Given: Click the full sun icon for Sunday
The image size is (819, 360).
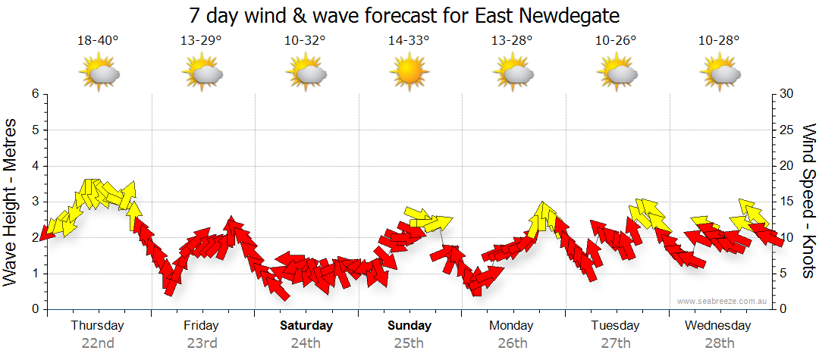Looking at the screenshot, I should [x=409, y=73].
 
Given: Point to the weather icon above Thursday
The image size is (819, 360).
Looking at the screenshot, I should [x=99, y=74].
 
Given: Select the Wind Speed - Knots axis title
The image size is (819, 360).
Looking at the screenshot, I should [x=807, y=201].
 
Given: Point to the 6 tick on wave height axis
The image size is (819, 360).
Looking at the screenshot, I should [x=35, y=94].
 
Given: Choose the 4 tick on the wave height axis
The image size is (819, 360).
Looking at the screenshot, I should [x=35, y=166].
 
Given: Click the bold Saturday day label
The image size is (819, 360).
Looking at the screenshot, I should [x=306, y=326].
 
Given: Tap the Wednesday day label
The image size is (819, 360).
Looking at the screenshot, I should [x=717, y=326].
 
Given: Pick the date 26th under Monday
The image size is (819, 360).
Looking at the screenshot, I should [x=513, y=343].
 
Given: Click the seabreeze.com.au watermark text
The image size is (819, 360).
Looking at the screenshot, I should [x=723, y=301].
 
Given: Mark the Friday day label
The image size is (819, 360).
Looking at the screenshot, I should [x=201, y=326].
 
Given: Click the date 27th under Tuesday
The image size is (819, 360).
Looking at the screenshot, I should [x=615, y=343].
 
